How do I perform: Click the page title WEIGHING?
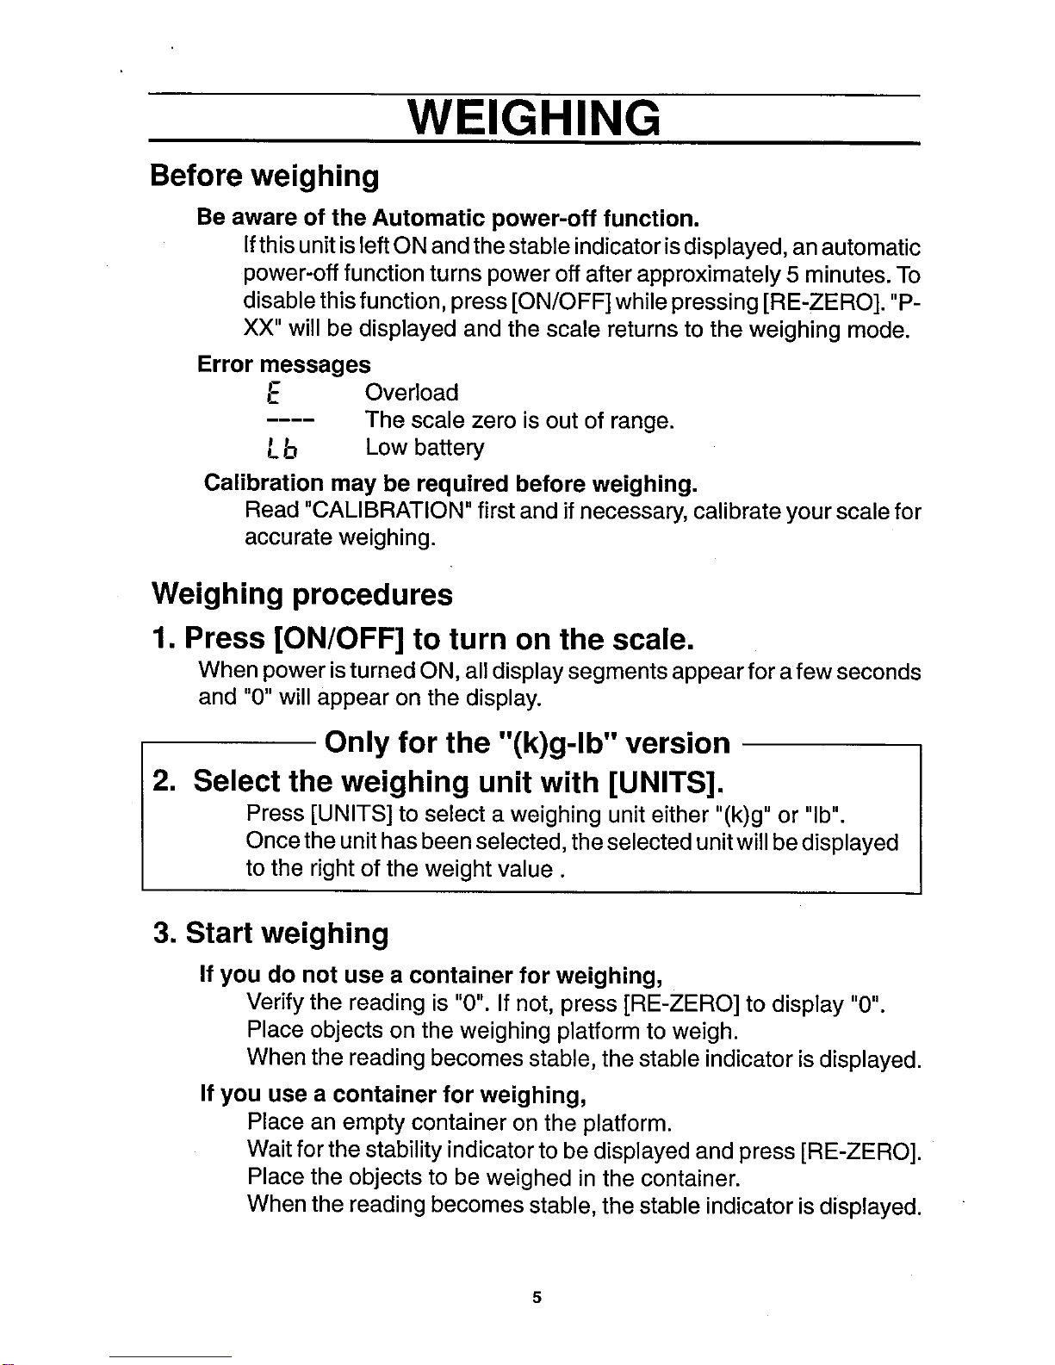pyautogui.click(x=534, y=118)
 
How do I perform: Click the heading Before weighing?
pyautogui.click(x=264, y=176)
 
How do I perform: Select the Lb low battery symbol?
pyautogui.click(x=282, y=449)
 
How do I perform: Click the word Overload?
pyautogui.click(x=412, y=393)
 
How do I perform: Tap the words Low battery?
pyautogui.click(x=425, y=448)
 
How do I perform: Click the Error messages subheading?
pyautogui.click(x=284, y=364)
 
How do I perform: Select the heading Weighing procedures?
pyautogui.click(x=302, y=594)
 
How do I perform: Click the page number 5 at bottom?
pyautogui.click(x=536, y=1297)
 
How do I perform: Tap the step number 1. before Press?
pyautogui.click(x=164, y=639)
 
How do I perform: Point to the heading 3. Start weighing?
pyautogui.click(x=270, y=934)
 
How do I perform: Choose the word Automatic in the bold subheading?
pyautogui.click(x=429, y=217)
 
